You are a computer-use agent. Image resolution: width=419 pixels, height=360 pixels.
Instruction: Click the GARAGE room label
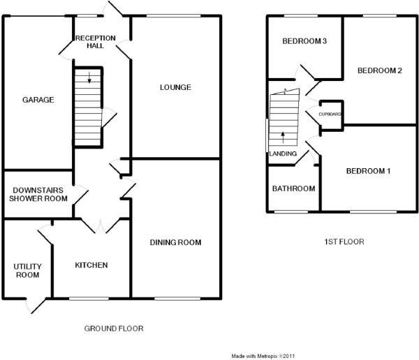tap(38, 100)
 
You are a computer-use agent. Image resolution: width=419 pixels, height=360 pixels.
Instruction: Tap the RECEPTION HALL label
tap(90, 41)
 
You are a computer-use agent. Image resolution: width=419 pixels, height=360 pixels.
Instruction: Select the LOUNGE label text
tap(175, 87)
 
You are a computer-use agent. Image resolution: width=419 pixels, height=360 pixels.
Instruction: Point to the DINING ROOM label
tap(175, 243)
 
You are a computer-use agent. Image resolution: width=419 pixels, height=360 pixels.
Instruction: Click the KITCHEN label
tap(91, 265)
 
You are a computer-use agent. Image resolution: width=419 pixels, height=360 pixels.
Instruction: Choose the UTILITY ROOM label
tap(28, 271)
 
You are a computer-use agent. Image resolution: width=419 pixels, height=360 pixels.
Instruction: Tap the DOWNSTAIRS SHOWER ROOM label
tap(38, 193)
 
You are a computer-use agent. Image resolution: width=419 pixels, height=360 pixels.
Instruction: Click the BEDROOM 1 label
tap(368, 172)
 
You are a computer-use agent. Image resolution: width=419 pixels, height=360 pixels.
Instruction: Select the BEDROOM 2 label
tap(379, 70)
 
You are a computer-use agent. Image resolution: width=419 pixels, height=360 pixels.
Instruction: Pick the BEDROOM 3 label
tap(304, 42)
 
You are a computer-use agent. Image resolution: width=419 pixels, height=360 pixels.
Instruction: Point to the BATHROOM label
tap(293, 188)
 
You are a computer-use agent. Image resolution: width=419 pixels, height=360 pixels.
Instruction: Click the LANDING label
tap(283, 153)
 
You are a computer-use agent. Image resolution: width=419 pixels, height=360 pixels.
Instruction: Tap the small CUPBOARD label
tap(330, 114)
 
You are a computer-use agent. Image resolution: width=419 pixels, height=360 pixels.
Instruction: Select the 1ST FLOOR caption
tap(344, 242)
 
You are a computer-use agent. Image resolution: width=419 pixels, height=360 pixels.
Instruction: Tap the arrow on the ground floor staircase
tap(89, 77)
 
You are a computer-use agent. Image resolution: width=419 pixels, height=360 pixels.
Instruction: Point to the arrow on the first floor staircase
tap(283, 134)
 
